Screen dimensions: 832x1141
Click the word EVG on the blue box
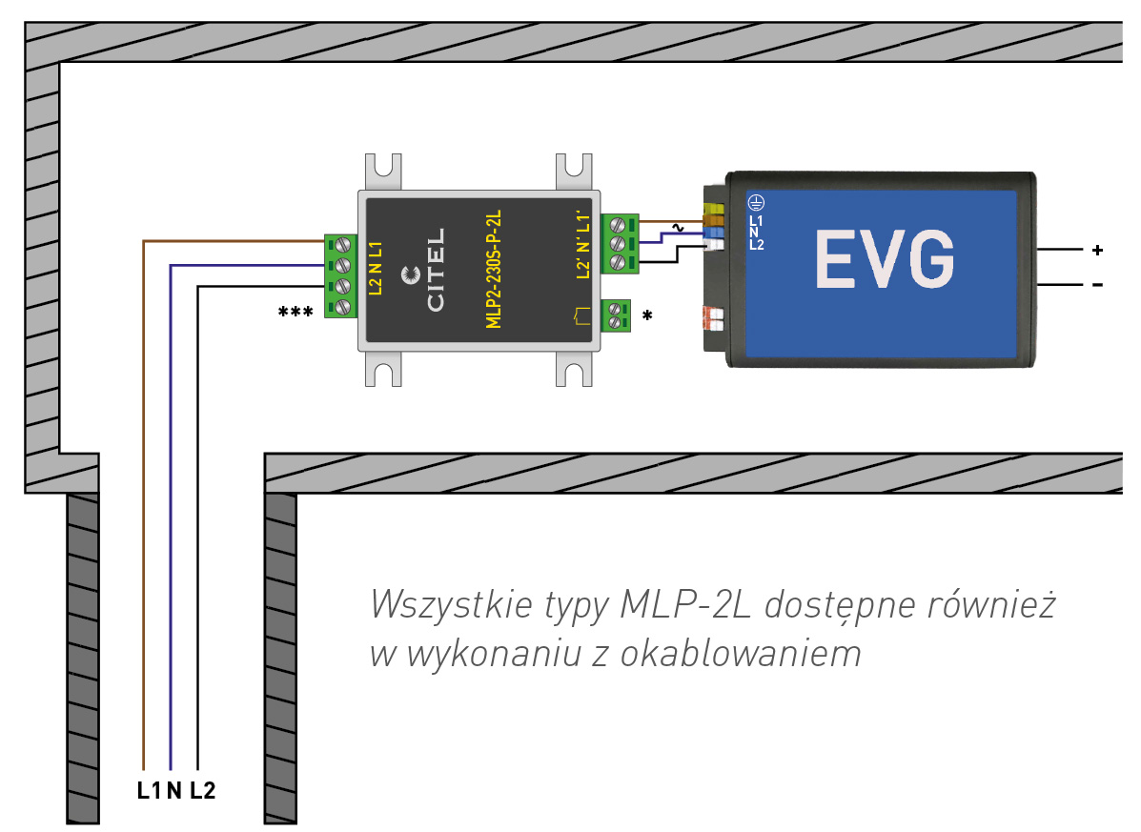tap(884, 258)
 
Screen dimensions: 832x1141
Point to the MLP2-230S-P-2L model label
tap(494, 271)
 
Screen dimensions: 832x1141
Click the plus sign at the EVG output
tap(1097, 251)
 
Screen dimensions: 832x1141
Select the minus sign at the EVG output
tap(1097, 284)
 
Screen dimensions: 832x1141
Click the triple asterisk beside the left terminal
tap(295, 312)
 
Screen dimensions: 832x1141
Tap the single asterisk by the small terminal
tap(648, 315)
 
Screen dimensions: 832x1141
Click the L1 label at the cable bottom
tap(149, 790)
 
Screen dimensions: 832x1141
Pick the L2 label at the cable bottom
tap(203, 790)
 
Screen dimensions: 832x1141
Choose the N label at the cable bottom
tap(173, 790)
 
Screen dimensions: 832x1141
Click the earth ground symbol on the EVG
tap(755, 202)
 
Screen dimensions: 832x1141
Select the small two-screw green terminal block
tap(617, 315)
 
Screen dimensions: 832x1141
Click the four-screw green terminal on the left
tap(340, 275)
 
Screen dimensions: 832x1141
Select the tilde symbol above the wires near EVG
tap(678, 228)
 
